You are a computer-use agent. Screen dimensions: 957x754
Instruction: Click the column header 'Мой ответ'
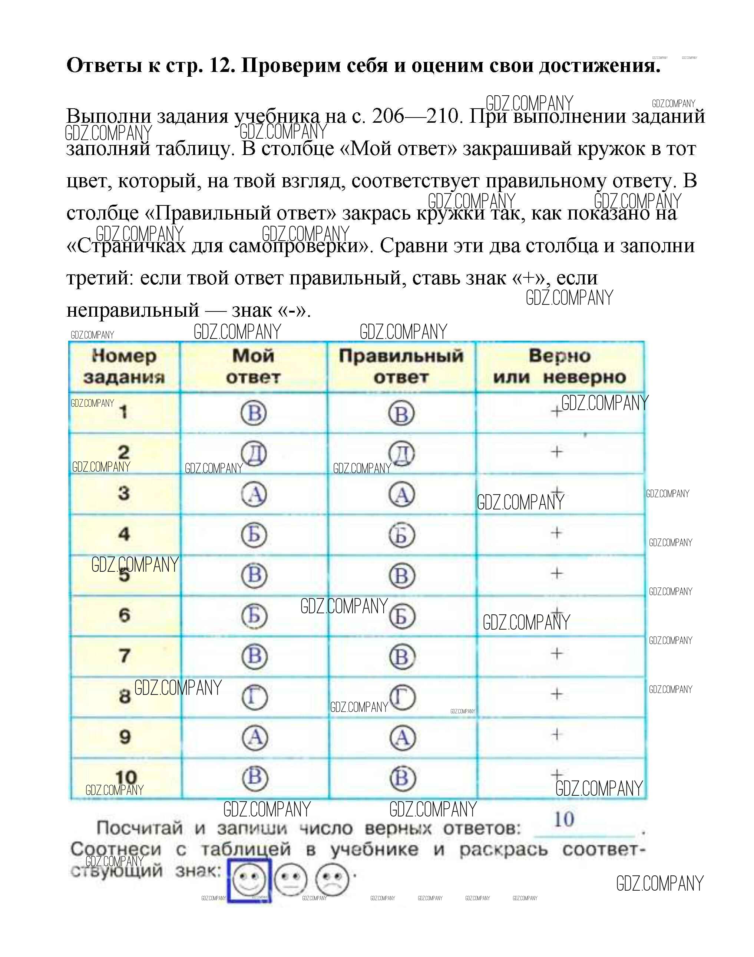pos(254,367)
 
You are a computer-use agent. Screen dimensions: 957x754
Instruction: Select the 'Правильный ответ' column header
pos(401,367)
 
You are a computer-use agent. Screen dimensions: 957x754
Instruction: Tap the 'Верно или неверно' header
pos(559,367)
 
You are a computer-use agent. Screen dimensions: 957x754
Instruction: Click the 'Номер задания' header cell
pos(124,367)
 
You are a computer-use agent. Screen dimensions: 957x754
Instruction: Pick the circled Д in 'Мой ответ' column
pos(254,453)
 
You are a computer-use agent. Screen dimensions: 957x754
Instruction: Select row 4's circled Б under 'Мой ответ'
pos(254,535)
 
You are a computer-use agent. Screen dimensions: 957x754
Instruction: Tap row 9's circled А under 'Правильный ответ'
pos(403,738)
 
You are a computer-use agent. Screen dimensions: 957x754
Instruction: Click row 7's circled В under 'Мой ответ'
pos(255,656)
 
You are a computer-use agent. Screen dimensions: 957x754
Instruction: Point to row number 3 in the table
pos(123,493)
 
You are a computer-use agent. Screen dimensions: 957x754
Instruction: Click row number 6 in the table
pos(125,615)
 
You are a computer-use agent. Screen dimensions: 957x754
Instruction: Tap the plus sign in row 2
pos(557,452)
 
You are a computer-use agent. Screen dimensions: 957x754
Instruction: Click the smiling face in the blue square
pos(249,880)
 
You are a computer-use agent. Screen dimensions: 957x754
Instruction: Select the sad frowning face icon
pos(332,880)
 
